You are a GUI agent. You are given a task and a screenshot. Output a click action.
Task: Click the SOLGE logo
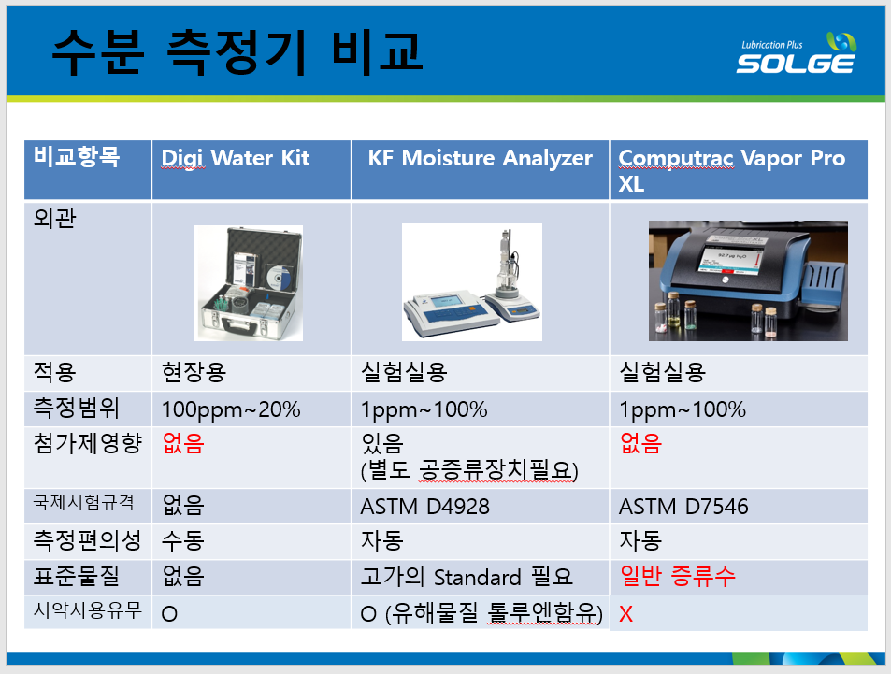(797, 53)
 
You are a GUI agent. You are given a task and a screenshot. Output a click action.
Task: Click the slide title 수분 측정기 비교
(237, 52)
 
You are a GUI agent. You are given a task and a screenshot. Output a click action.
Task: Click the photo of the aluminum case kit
(248, 283)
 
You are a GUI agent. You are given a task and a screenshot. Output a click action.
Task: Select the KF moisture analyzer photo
(471, 282)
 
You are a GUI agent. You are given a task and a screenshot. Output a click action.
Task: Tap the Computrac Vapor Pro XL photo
(748, 280)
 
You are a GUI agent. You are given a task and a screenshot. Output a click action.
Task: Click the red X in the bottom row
(625, 614)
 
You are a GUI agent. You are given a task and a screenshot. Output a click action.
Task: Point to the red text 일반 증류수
(677, 576)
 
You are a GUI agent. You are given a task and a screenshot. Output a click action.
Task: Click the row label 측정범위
(76, 408)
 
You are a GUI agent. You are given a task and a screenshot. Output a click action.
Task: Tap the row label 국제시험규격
(83, 502)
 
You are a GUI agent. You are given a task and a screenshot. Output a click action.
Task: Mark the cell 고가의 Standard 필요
(467, 577)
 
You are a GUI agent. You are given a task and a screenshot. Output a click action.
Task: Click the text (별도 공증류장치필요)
(469, 470)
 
